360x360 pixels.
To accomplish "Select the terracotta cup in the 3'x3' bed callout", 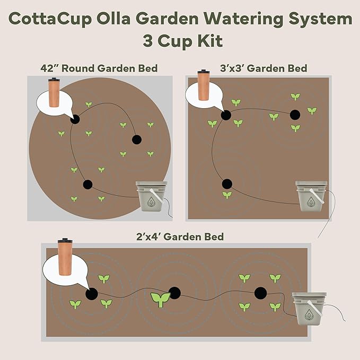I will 204,86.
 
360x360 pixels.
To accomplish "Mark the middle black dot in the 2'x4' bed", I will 174,293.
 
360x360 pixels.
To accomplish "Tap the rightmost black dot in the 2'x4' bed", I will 260,293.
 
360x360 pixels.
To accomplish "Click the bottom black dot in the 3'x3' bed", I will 227,183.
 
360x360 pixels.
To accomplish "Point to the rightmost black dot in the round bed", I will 136,139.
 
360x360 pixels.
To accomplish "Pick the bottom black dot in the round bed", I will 87,185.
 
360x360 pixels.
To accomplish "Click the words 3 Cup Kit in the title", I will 180,41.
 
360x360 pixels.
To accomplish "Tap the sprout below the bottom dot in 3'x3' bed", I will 227,195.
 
